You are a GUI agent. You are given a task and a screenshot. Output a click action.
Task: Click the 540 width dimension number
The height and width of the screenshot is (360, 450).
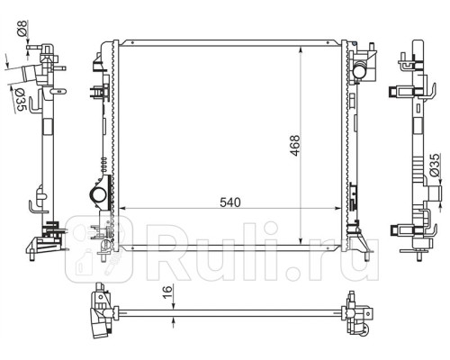(x=231, y=202)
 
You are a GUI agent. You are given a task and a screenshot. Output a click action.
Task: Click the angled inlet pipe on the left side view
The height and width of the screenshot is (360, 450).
(x=27, y=76)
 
